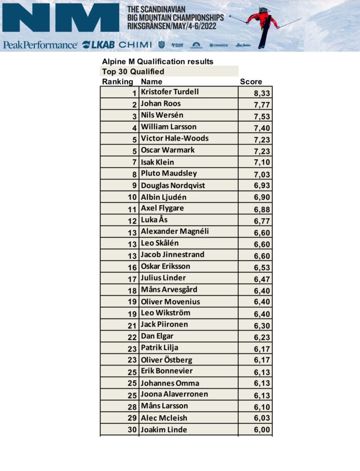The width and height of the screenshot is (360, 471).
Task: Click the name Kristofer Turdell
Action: [x=169, y=92]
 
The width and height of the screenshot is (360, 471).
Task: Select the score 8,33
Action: [x=262, y=93]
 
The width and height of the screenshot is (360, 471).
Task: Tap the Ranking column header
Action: [x=117, y=82]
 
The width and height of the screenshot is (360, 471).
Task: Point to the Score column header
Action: [x=251, y=82]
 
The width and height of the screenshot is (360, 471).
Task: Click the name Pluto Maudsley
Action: [x=168, y=173]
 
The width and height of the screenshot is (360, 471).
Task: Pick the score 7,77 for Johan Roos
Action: [x=262, y=104]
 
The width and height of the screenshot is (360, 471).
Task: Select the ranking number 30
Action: [x=132, y=430]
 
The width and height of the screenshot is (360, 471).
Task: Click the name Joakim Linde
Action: [x=164, y=429]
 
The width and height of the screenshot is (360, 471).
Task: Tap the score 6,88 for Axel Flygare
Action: [x=262, y=209]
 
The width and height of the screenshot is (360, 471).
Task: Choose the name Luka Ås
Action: [x=154, y=220]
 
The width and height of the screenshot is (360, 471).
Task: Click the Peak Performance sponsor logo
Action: [x=40, y=45]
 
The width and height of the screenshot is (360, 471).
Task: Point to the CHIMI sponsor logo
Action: [x=135, y=45]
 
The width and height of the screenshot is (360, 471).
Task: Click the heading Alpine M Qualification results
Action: [x=158, y=62]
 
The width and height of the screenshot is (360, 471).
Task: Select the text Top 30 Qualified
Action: [x=133, y=71]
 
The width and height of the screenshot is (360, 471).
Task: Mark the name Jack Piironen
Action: [x=164, y=324]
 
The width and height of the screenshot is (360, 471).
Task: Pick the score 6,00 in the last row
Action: [x=262, y=430]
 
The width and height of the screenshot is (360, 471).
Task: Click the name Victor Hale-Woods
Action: [x=174, y=138]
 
